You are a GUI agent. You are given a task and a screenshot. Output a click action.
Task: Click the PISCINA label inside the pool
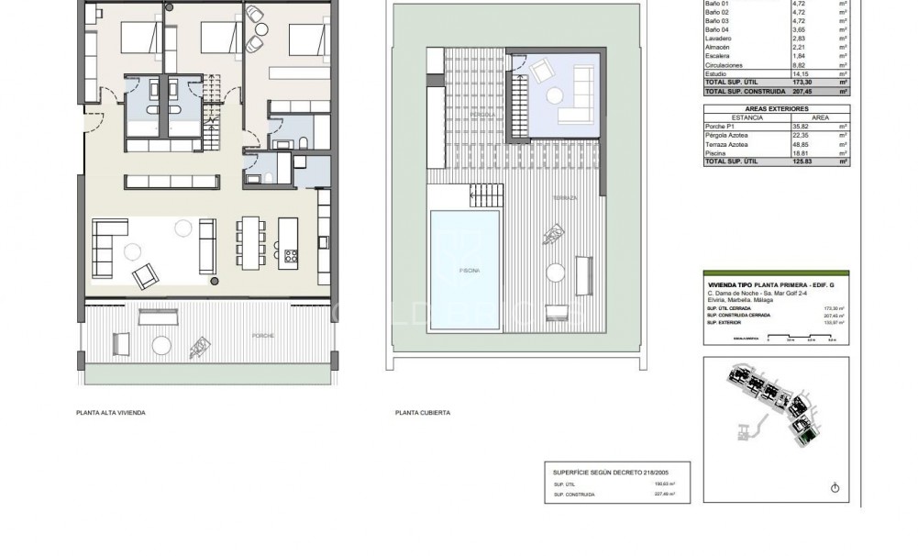465,271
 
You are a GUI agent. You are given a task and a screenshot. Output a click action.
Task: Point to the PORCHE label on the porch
265,336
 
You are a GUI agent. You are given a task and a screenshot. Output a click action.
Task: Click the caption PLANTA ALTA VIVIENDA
111,413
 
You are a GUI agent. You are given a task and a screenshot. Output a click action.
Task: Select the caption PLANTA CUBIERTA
422,413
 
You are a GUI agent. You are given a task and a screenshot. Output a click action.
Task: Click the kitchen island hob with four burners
292,255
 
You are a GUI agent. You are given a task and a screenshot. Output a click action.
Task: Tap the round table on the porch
161,345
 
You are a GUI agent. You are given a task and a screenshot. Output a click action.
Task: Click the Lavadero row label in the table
717,40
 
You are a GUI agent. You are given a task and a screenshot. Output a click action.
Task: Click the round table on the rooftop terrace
555,272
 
